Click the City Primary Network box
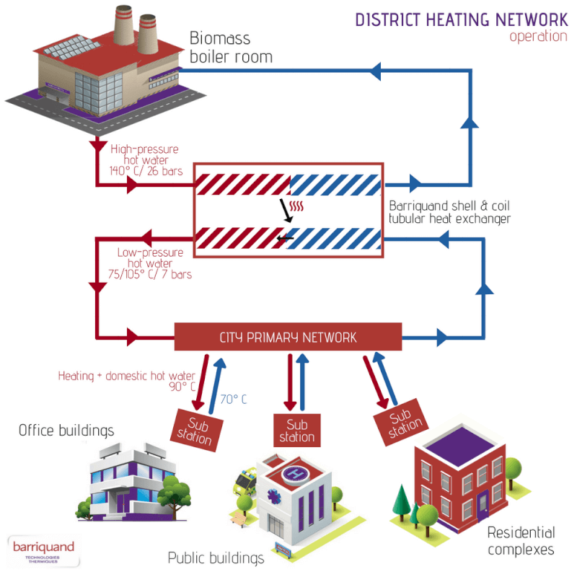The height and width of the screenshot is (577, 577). click(x=288, y=338)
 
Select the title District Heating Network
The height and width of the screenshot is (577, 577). click(x=462, y=19)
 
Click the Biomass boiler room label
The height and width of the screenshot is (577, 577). click(x=231, y=47)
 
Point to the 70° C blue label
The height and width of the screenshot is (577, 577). click(x=233, y=398)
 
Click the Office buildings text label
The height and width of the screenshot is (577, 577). click(x=66, y=431)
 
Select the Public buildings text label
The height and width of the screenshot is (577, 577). click(x=216, y=558)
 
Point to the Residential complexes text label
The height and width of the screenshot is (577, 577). click(x=521, y=541)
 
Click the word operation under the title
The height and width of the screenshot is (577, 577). click(x=538, y=37)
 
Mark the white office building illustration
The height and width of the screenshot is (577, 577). click(x=123, y=480)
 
